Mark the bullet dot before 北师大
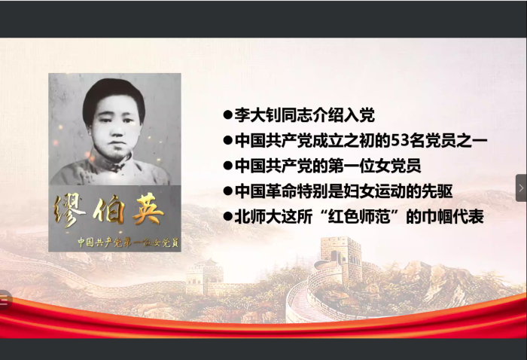[227, 216]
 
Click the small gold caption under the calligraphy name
[115, 243]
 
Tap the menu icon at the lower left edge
[4, 300]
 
